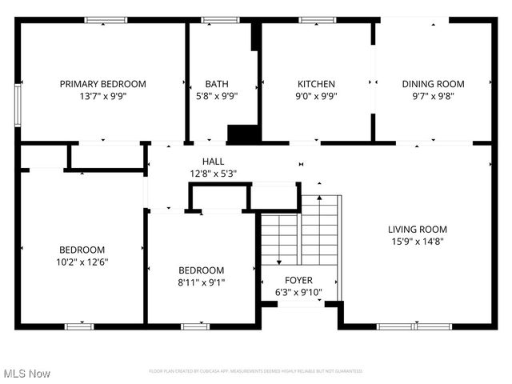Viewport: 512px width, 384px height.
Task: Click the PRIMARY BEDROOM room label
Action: click(102, 83)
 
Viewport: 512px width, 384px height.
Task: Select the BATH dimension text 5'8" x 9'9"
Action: click(216, 95)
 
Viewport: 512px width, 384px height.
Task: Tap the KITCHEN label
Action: click(316, 83)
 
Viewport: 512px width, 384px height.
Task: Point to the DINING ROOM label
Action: click(433, 83)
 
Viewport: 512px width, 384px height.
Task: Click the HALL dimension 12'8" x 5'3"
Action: click(213, 174)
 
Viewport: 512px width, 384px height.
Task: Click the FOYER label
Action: click(299, 280)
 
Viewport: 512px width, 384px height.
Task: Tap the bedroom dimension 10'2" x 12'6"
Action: click(82, 262)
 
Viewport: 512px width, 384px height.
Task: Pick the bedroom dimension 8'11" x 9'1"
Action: click(201, 282)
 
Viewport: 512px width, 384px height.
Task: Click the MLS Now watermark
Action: click(27, 374)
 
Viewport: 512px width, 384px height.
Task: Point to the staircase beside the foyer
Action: click(300, 232)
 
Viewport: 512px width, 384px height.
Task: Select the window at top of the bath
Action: click(220, 20)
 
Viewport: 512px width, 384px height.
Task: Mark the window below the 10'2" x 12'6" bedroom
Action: click(78, 326)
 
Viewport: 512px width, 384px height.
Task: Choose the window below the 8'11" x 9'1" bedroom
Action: click(194, 326)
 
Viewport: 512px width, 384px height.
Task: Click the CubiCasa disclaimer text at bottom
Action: click(256, 371)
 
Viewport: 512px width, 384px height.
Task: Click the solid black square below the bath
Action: click(240, 134)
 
